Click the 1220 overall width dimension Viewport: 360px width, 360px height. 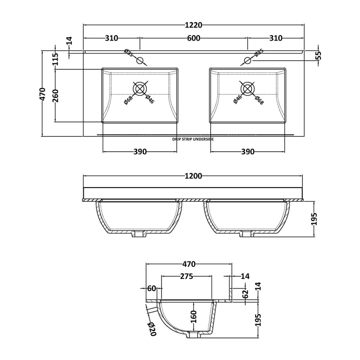(x=193, y=25)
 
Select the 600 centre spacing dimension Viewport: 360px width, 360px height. (x=193, y=38)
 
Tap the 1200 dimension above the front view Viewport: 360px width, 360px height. (x=193, y=176)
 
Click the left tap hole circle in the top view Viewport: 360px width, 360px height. (x=140, y=61)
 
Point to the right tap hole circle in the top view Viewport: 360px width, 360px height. (x=247, y=61)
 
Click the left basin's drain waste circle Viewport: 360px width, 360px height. (x=140, y=88)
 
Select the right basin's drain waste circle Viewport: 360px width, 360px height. (x=247, y=88)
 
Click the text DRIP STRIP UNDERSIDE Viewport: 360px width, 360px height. (x=193, y=139)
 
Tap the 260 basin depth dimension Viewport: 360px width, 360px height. (x=56, y=96)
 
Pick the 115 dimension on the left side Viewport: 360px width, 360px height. (x=56, y=59)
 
